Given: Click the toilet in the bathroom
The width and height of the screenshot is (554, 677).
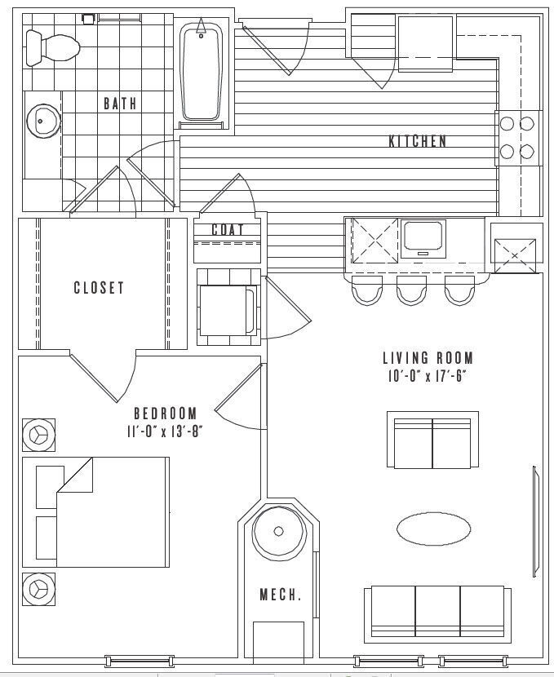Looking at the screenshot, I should coord(51,46).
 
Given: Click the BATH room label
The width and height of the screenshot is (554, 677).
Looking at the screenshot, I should coord(120,104).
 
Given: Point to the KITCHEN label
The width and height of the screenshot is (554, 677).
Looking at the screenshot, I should coord(417,141).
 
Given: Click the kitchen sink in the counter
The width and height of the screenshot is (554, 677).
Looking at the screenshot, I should coord(424,236).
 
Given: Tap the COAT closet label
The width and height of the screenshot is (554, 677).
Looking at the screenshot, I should coord(228,230).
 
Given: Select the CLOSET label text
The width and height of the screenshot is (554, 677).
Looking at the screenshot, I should coord(99,287).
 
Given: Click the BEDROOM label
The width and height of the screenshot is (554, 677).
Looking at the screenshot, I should coord(166,413).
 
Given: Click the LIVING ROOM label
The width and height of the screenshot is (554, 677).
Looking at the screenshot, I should coord(428,358).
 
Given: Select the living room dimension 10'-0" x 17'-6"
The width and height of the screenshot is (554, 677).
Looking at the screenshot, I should coord(428,376).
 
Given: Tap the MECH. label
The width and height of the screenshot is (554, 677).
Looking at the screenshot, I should coord(281,595).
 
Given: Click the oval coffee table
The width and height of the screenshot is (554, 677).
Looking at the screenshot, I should coord(433,529).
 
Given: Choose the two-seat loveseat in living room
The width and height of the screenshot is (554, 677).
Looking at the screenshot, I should coord(432,440).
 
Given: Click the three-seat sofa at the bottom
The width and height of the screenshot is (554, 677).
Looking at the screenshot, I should coord(438,610).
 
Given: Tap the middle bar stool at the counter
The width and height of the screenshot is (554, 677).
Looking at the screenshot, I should coord(411,290).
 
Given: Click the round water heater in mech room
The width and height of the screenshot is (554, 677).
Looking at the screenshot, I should coord(278,531).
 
